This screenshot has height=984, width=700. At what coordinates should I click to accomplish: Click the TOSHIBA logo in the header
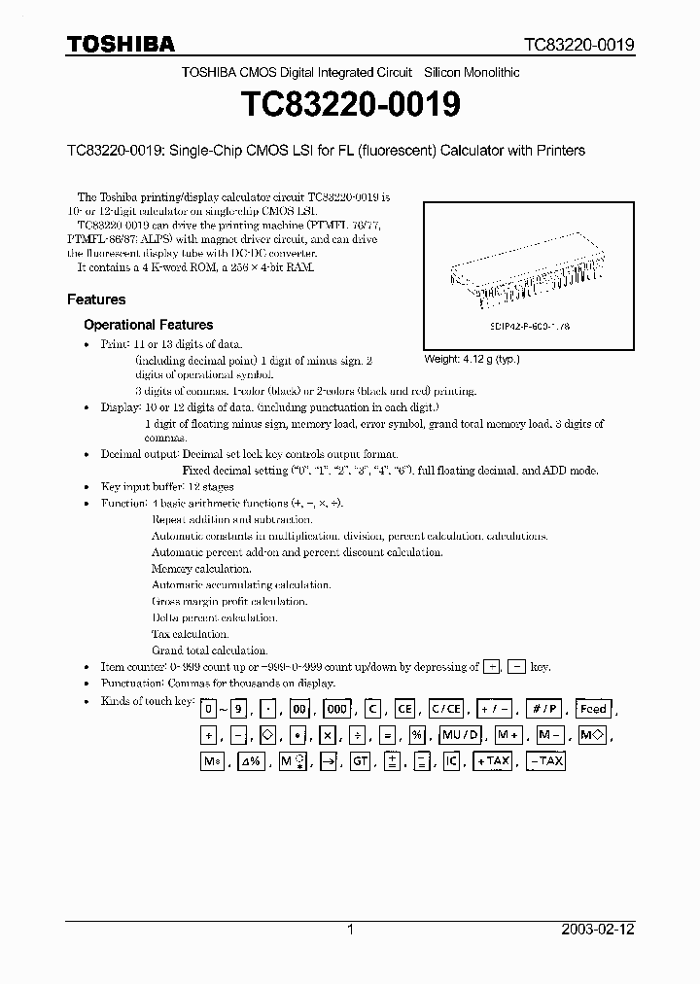(x=121, y=44)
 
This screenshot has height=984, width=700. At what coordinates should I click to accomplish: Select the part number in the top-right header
(x=579, y=45)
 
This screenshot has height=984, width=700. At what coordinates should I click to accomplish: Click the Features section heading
(x=96, y=299)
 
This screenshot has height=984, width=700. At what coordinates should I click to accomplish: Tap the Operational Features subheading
(x=148, y=325)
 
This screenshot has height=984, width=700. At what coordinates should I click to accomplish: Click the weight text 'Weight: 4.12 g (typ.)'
(x=472, y=359)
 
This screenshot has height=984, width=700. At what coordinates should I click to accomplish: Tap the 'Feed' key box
(x=592, y=710)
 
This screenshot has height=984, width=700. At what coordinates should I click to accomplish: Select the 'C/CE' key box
(x=446, y=710)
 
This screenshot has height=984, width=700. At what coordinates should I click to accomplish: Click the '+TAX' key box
(x=493, y=761)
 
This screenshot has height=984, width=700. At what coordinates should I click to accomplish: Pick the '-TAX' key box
(x=545, y=761)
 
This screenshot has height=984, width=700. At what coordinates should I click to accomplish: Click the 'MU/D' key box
(x=459, y=736)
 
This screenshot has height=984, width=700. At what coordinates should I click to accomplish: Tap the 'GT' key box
(x=361, y=761)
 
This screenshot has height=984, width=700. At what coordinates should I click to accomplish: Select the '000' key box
(x=337, y=710)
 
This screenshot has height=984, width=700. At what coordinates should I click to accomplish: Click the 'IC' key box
(x=450, y=761)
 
